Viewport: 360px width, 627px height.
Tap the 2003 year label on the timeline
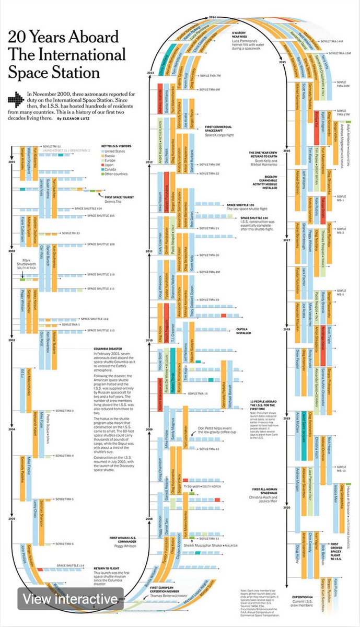(x=11, y=340)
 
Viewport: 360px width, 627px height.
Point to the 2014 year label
(x=212, y=18)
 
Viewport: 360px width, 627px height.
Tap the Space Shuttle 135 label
(x=241, y=204)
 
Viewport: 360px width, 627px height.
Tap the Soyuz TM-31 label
(x=54, y=146)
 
